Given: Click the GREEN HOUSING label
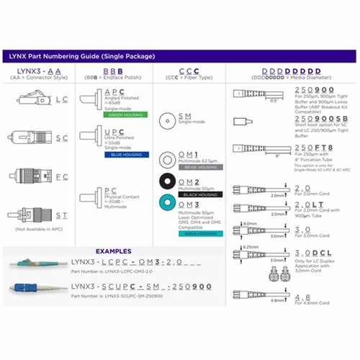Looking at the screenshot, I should [122, 114].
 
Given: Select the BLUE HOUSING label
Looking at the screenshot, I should [122, 153].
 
